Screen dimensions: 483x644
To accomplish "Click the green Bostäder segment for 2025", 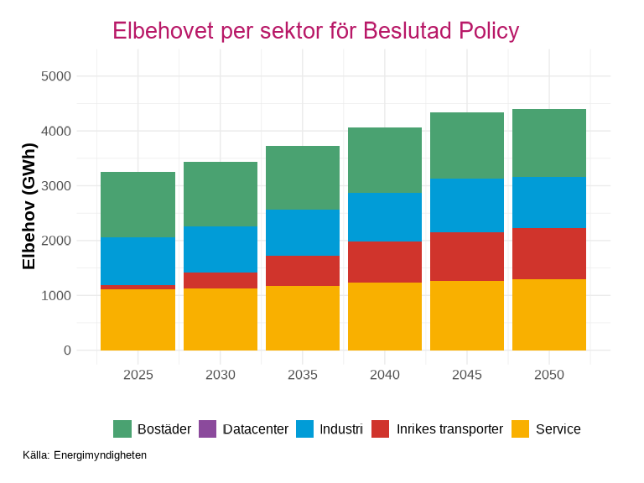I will pyautogui.click(x=138, y=205).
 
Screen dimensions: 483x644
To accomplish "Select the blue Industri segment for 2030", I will pyautogui.click(x=221, y=249).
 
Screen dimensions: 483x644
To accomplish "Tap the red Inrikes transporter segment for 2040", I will pyautogui.click(x=385, y=262).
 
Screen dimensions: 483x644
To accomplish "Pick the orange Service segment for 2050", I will pyautogui.click(x=549, y=314).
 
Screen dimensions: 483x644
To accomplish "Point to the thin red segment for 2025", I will pyautogui.click(x=138, y=287).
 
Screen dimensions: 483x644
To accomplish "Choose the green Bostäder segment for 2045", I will pyautogui.click(x=467, y=145).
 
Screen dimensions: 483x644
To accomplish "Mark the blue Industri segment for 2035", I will pyautogui.click(x=303, y=232).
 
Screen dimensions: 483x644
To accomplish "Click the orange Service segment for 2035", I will pyautogui.click(x=303, y=318).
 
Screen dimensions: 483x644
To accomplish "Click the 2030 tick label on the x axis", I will pyautogui.click(x=221, y=375).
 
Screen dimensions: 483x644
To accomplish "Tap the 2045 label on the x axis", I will pyautogui.click(x=467, y=375).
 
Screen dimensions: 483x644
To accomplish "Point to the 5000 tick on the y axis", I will pyautogui.click(x=56, y=76).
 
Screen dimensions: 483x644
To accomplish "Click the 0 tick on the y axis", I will pyautogui.click(x=67, y=351).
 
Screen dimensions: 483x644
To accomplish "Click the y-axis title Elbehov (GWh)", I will pyautogui.click(x=29, y=206).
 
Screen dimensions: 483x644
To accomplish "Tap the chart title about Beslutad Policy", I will pyautogui.click(x=315, y=31).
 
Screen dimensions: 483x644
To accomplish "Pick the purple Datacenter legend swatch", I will pyautogui.click(x=208, y=428).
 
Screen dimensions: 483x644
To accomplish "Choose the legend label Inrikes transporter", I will pyautogui.click(x=449, y=428).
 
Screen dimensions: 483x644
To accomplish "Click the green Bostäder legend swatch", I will pyautogui.click(x=122, y=428).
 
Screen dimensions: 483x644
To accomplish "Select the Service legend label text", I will pyautogui.click(x=558, y=428).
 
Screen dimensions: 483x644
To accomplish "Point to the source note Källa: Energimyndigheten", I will pyautogui.click(x=85, y=455).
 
